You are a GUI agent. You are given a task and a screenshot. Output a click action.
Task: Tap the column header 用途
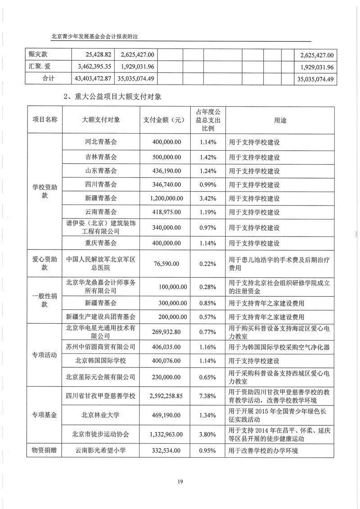point(280,120)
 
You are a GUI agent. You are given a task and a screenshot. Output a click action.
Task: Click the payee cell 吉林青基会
point(101,157)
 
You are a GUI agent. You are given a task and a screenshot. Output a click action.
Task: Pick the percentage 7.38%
point(208,395)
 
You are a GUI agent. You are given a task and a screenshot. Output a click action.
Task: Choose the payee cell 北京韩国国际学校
point(101,360)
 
